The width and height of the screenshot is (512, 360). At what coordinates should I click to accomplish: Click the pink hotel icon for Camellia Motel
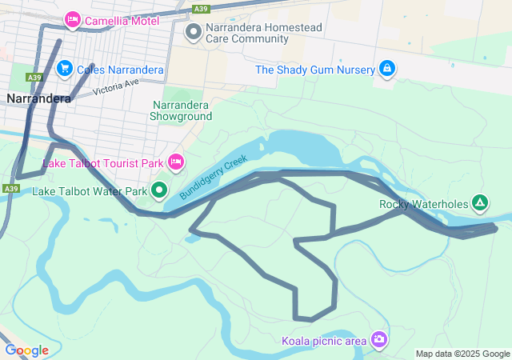click(73, 19)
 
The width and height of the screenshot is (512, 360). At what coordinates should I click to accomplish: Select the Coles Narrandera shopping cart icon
click(65, 70)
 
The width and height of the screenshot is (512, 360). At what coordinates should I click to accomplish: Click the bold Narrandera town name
click(38, 98)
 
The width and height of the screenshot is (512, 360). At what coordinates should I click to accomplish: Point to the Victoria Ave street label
click(116, 86)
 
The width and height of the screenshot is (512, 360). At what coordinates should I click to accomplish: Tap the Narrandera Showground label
click(181, 110)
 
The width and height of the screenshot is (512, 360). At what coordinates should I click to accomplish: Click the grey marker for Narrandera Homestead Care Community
click(193, 33)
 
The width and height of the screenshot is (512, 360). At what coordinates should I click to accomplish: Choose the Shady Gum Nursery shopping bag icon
click(387, 69)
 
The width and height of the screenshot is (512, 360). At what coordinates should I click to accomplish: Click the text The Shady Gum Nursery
click(314, 70)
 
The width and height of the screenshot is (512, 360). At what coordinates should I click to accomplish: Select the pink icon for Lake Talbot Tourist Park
click(176, 162)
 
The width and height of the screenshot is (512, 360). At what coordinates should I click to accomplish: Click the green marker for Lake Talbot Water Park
click(159, 190)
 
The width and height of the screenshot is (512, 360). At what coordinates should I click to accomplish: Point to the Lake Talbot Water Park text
click(90, 191)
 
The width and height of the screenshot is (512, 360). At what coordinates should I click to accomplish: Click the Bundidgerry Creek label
click(214, 178)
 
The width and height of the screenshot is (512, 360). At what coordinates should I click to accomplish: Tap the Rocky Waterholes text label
click(422, 203)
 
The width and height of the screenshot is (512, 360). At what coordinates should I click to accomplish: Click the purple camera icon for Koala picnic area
click(378, 340)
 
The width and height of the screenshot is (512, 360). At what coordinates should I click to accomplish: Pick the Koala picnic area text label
click(324, 341)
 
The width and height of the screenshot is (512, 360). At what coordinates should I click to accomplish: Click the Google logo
click(26, 350)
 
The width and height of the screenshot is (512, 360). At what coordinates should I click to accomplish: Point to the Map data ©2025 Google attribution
click(462, 354)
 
